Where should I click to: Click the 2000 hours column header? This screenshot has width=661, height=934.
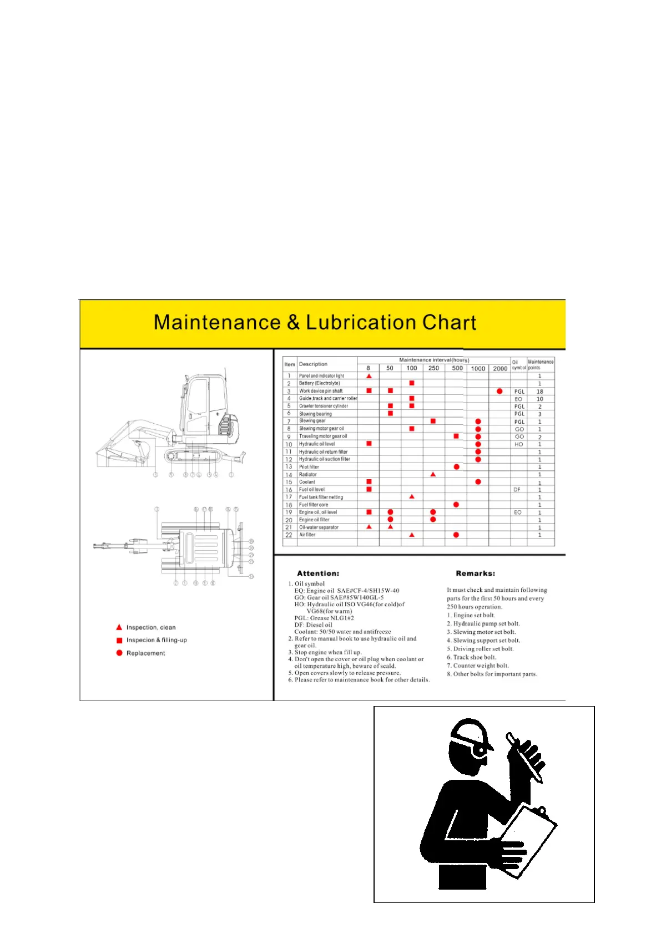coord(500,368)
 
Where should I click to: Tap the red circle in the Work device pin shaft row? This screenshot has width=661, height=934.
coord(499,391)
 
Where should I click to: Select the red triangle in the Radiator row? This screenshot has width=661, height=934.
coord(433,474)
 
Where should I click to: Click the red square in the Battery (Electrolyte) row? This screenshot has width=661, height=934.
coord(411,383)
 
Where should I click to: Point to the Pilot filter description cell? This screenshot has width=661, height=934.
coord(309,467)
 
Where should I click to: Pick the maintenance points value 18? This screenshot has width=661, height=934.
coord(539,392)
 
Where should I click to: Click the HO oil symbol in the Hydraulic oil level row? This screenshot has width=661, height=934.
coord(518,444)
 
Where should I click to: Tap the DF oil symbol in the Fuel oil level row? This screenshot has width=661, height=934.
coord(517,490)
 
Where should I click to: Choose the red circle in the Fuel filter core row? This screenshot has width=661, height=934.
coord(456,505)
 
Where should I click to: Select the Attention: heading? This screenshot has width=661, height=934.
coord(318,573)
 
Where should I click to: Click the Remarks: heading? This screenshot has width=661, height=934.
coord(475,573)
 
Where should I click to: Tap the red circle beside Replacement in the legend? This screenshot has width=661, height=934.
coord(119,653)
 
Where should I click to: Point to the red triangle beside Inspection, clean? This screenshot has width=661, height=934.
coord(119,627)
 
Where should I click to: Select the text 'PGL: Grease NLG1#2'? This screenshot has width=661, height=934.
coord(324,618)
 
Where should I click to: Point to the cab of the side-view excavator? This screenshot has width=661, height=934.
coord(203,405)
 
